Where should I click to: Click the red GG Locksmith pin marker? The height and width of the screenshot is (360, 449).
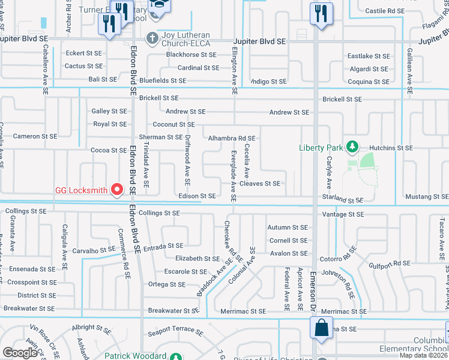(118, 190)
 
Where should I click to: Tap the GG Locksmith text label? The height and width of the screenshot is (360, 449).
(82, 191)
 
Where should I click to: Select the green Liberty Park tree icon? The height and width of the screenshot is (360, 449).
(354, 147)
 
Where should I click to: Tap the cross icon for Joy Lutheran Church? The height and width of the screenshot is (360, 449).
(153, 38)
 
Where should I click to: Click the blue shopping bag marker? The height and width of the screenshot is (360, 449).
(321, 328)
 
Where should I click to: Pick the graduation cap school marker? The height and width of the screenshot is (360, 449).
(160, 5)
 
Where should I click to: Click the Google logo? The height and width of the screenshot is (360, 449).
(20, 353)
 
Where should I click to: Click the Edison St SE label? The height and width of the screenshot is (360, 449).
(197, 196)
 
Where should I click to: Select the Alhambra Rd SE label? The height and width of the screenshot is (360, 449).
(232, 139)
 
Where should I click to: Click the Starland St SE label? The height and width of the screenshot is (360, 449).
(343, 199)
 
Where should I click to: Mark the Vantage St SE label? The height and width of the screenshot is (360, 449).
(343, 214)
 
